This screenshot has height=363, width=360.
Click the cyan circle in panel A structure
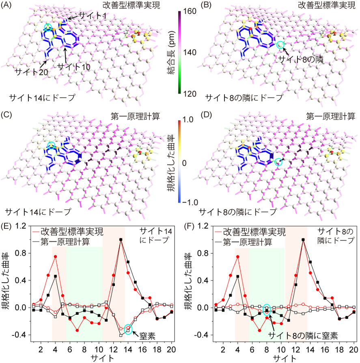[48, 27]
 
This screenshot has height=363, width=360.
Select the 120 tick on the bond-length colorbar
[191, 93]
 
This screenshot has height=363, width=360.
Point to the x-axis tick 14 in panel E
[128, 350]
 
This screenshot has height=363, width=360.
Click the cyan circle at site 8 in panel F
[267, 309]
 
